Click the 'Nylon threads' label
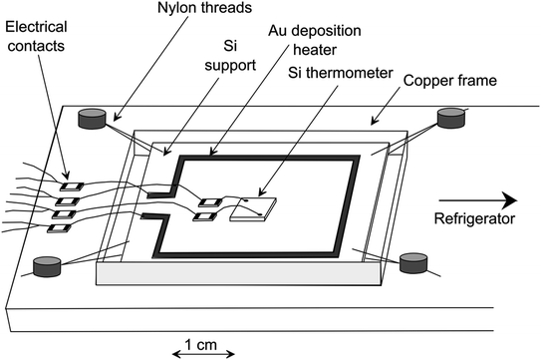click(x=204, y=8)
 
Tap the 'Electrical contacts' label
click(x=36, y=36)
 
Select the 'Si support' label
click(x=230, y=56)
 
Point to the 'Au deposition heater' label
click(x=315, y=40)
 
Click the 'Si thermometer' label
click(x=340, y=73)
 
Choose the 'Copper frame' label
click(x=450, y=81)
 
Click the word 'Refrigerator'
click(x=475, y=218)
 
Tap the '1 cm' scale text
click(x=201, y=344)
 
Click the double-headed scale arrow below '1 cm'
click(x=203, y=354)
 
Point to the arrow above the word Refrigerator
click(x=478, y=200)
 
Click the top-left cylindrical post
click(x=92, y=119)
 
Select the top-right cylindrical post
click(x=451, y=118)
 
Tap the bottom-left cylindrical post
click(x=47, y=266)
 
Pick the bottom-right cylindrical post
click(x=413, y=263)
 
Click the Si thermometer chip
click(x=254, y=209)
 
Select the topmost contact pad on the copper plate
click(x=72, y=186)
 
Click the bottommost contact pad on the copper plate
click(x=60, y=228)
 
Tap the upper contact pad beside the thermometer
click(x=210, y=202)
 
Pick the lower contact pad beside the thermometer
click(x=205, y=217)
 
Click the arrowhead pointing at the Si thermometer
click(x=261, y=192)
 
